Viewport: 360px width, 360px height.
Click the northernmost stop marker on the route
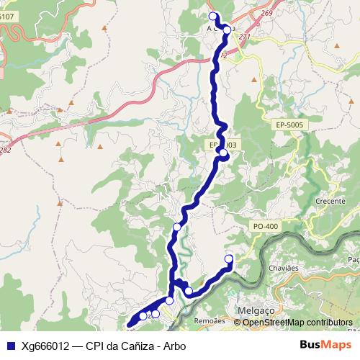[212, 16]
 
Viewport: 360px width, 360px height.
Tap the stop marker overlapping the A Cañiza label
[228, 29]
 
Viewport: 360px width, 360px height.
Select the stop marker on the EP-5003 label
[224, 153]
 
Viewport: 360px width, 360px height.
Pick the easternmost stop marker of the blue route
[230, 259]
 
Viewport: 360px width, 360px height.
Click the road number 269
[268, 13]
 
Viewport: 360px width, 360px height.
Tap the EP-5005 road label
[291, 125]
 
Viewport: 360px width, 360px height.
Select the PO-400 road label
[266, 227]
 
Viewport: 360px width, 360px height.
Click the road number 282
[6, 150]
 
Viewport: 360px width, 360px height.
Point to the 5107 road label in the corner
[7, 16]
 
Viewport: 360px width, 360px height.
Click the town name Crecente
[330, 202]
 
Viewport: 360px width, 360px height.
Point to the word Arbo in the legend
[174, 346]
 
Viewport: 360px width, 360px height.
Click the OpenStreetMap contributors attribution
[297, 322]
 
